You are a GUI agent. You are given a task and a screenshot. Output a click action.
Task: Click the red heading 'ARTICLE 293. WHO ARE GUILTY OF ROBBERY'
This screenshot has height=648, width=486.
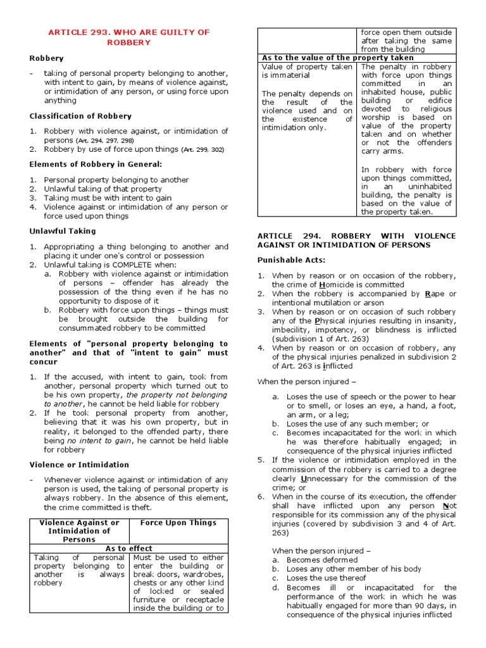pyautogui.click(x=129, y=37)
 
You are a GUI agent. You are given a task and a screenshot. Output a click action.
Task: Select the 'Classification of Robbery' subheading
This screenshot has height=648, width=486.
pyautogui.click(x=80, y=116)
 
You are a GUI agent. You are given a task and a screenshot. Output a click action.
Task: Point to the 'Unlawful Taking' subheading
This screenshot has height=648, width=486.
pyautogui.click(x=61, y=231)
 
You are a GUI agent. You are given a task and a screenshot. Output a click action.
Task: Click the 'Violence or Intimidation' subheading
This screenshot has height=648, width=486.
pyautogui.click(x=79, y=464)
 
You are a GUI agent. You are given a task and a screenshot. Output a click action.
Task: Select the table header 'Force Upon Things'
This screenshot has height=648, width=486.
pyautogui.click(x=178, y=523)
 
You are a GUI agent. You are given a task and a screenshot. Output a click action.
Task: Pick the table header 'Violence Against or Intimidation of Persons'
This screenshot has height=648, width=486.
pyautogui.click(x=79, y=531)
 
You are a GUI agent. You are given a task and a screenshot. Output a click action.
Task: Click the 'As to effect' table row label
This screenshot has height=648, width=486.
pyautogui.click(x=129, y=549)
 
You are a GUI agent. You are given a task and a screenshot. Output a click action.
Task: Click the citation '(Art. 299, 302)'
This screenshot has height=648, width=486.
pyautogui.click(x=202, y=150)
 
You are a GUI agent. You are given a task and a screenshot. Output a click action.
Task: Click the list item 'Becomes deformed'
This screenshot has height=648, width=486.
pyautogui.click(x=321, y=560)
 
